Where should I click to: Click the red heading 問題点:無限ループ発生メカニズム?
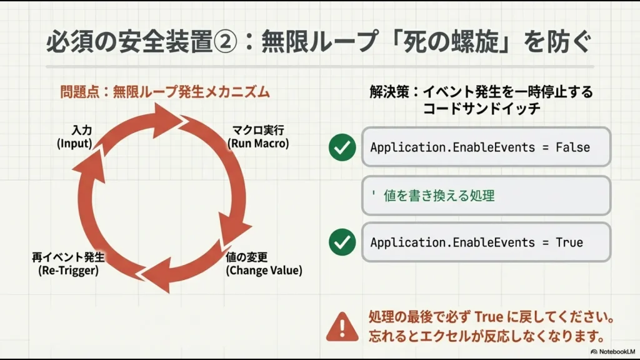[x=165, y=92]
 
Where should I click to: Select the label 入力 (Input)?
[x=74, y=137]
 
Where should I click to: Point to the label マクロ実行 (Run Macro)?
[x=258, y=137]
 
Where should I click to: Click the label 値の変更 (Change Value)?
[x=263, y=264]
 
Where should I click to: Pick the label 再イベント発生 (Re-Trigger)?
[x=68, y=264]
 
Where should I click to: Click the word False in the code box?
[x=572, y=147]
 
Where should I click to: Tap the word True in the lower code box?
[x=569, y=242]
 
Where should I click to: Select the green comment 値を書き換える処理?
[x=438, y=196]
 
